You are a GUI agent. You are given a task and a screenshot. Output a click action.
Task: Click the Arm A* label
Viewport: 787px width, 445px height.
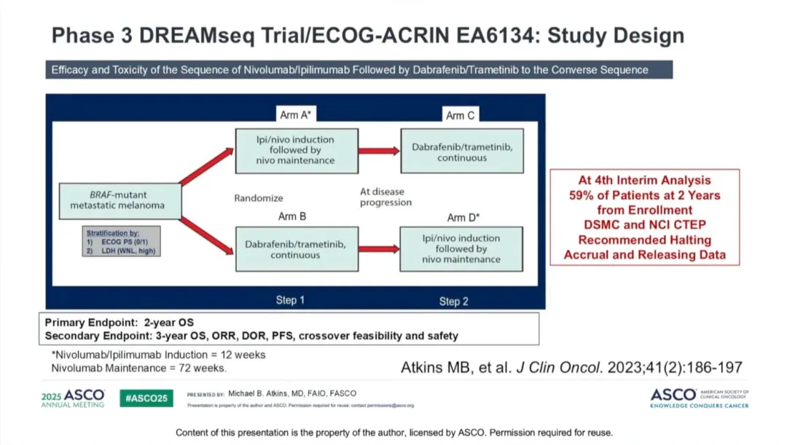(x=297, y=115)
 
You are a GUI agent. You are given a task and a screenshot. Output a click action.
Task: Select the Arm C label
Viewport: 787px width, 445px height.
(x=461, y=116)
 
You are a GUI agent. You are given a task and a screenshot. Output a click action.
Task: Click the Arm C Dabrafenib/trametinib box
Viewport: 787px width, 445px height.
(x=462, y=152)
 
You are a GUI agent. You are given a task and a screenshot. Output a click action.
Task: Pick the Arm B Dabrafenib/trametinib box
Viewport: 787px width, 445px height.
(x=295, y=249)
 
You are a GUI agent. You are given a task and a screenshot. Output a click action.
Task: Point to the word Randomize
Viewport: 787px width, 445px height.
(x=259, y=198)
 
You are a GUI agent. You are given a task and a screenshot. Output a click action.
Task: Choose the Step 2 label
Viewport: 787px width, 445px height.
(x=454, y=302)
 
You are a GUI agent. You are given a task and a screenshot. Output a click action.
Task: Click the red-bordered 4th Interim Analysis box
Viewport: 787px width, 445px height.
(x=644, y=217)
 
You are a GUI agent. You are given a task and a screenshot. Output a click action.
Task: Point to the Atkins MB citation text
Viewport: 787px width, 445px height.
(x=571, y=368)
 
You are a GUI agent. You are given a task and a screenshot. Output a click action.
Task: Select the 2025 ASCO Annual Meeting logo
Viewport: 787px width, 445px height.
(x=73, y=398)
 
